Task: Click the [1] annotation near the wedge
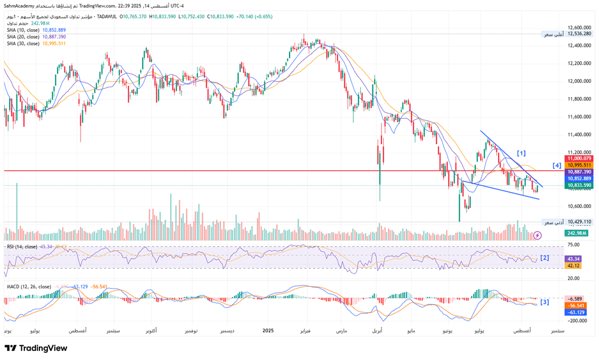tap(521, 153)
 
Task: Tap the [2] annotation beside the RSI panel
tap(544, 258)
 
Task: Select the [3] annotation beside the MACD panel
tap(544, 303)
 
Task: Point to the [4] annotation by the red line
tap(557, 165)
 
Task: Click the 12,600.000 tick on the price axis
tap(579, 27)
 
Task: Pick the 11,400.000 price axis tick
tap(579, 135)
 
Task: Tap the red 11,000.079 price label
tap(579, 159)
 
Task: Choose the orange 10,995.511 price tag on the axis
tap(579, 165)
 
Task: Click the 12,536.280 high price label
tap(579, 34)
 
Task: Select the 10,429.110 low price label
tap(579, 222)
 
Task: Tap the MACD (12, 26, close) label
tap(28, 286)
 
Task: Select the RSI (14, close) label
tap(22, 246)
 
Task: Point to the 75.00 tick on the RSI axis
tap(574, 245)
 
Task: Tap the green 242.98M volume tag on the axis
tap(578, 233)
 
